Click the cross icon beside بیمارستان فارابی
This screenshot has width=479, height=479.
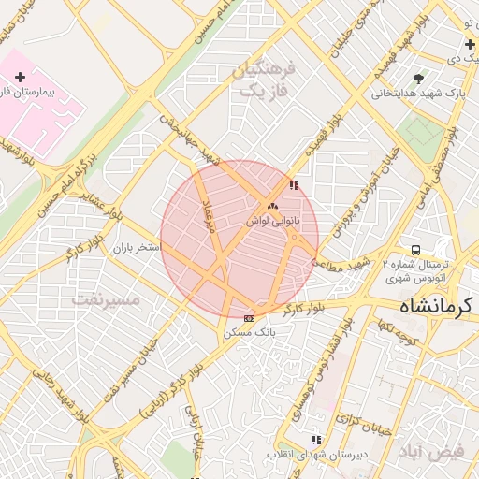21,77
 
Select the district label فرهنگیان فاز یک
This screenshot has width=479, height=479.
268,80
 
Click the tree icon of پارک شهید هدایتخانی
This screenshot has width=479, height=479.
417,78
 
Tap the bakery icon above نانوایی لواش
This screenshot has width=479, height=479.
272,206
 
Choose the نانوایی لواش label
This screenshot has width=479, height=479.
272,221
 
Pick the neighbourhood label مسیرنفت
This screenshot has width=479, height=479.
104,299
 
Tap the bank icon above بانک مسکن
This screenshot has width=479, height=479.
249,318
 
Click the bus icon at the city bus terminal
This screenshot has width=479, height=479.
414,250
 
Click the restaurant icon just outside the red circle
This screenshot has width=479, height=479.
295,185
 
